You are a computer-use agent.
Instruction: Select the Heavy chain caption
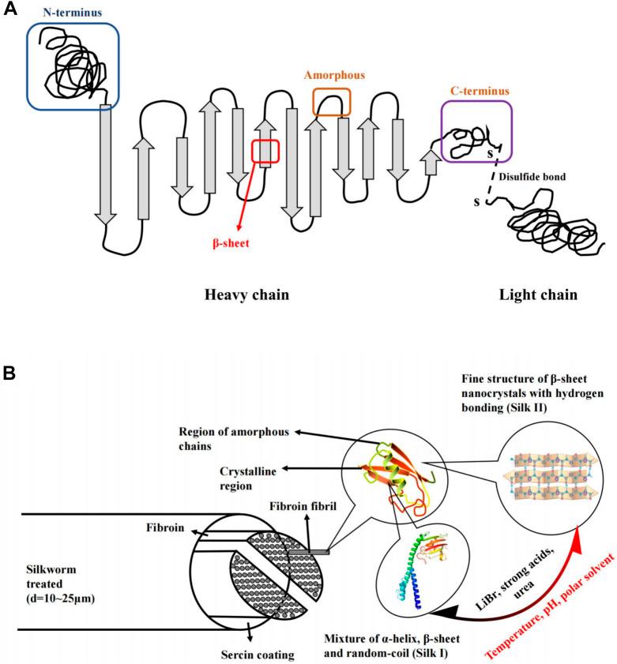[x=246, y=295]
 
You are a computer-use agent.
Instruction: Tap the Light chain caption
[x=538, y=295]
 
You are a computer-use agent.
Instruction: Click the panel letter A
[x=10, y=13]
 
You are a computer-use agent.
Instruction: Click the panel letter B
[x=10, y=372]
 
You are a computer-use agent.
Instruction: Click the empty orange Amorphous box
[x=331, y=102]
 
